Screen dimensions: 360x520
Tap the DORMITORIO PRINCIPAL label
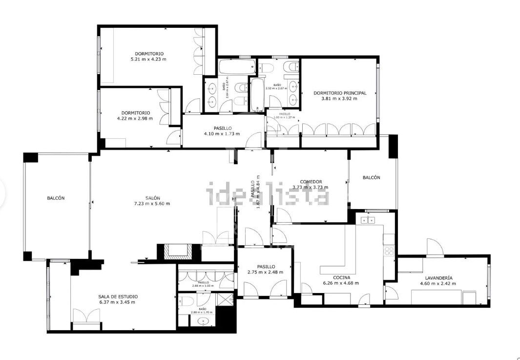[340, 93]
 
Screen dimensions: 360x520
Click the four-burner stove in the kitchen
[389, 251]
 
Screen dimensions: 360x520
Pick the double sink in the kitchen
[368, 220]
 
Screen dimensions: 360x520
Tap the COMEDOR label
[311, 182]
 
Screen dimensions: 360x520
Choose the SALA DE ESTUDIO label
[118, 296]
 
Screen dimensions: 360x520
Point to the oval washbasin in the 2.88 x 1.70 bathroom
[204, 321]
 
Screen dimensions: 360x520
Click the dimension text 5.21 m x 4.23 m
[148, 59]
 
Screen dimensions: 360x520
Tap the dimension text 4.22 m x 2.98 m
[134, 118]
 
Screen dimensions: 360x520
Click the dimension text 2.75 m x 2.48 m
[264, 272]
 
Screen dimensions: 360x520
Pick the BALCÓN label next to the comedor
[371, 178]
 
